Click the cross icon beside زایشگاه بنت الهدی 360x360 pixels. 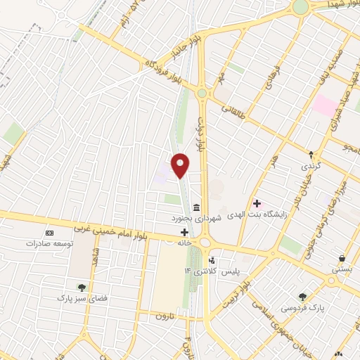point(257,203)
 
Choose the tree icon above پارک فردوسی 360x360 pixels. point(302,297)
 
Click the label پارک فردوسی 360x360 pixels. point(302,308)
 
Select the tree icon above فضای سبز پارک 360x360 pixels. point(82,287)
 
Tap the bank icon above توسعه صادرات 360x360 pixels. point(49,233)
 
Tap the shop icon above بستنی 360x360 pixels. point(342,258)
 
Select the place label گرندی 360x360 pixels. point(311,167)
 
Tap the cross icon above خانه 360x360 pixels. point(184,232)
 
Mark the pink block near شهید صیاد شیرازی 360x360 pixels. point(325,106)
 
